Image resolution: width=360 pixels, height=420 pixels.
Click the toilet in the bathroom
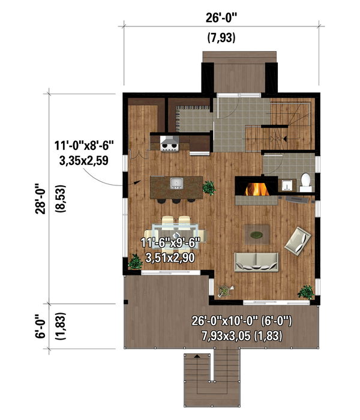tap(305, 180)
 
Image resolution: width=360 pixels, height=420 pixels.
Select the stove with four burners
tap(169, 142)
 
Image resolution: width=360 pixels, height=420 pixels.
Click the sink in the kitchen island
tap(176, 182)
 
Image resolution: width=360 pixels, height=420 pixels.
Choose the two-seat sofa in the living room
tap(257, 260)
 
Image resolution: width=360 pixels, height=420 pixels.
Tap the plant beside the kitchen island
tap(209, 187)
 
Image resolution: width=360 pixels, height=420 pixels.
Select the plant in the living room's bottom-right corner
tap(306, 292)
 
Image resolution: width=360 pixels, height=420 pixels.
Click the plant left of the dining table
tap(134, 262)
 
